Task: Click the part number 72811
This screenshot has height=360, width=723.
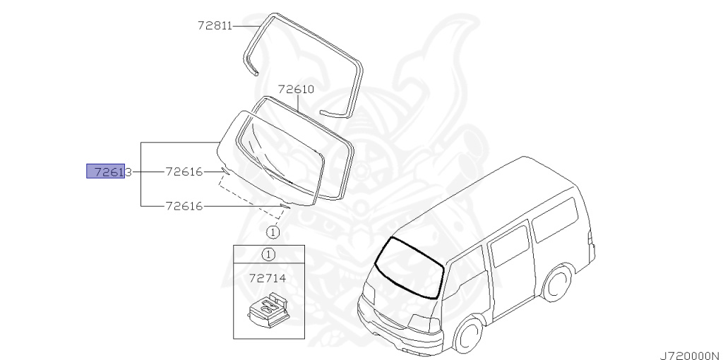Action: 215,26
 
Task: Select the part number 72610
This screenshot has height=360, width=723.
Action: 296,90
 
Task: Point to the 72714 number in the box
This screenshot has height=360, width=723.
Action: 268,278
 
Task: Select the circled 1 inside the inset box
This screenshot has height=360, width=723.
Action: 269,254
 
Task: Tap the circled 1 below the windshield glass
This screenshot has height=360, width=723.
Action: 273,231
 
